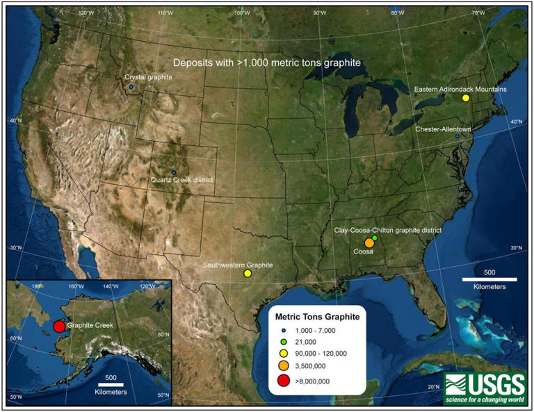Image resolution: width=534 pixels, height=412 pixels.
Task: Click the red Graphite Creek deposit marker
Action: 59,327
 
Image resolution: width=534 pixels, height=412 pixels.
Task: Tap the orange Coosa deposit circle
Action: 369,243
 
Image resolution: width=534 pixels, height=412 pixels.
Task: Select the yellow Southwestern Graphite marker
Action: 248,274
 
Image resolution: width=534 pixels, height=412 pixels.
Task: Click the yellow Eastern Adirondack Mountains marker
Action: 466,99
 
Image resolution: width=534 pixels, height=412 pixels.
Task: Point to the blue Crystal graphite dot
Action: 131,88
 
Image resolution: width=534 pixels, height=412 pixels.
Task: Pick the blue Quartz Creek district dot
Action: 174,172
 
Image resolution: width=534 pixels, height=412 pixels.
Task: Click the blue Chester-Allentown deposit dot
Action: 458,136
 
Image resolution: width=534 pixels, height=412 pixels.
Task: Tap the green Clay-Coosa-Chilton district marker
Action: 375,238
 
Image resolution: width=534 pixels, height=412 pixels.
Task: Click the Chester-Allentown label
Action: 443,129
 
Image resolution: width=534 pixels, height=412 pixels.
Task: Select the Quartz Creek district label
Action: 181,181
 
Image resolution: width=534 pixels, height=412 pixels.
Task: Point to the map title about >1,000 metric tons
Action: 267,63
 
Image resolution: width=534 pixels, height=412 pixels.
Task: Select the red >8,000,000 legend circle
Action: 285,380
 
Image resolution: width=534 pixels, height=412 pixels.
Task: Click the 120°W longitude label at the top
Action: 86,13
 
